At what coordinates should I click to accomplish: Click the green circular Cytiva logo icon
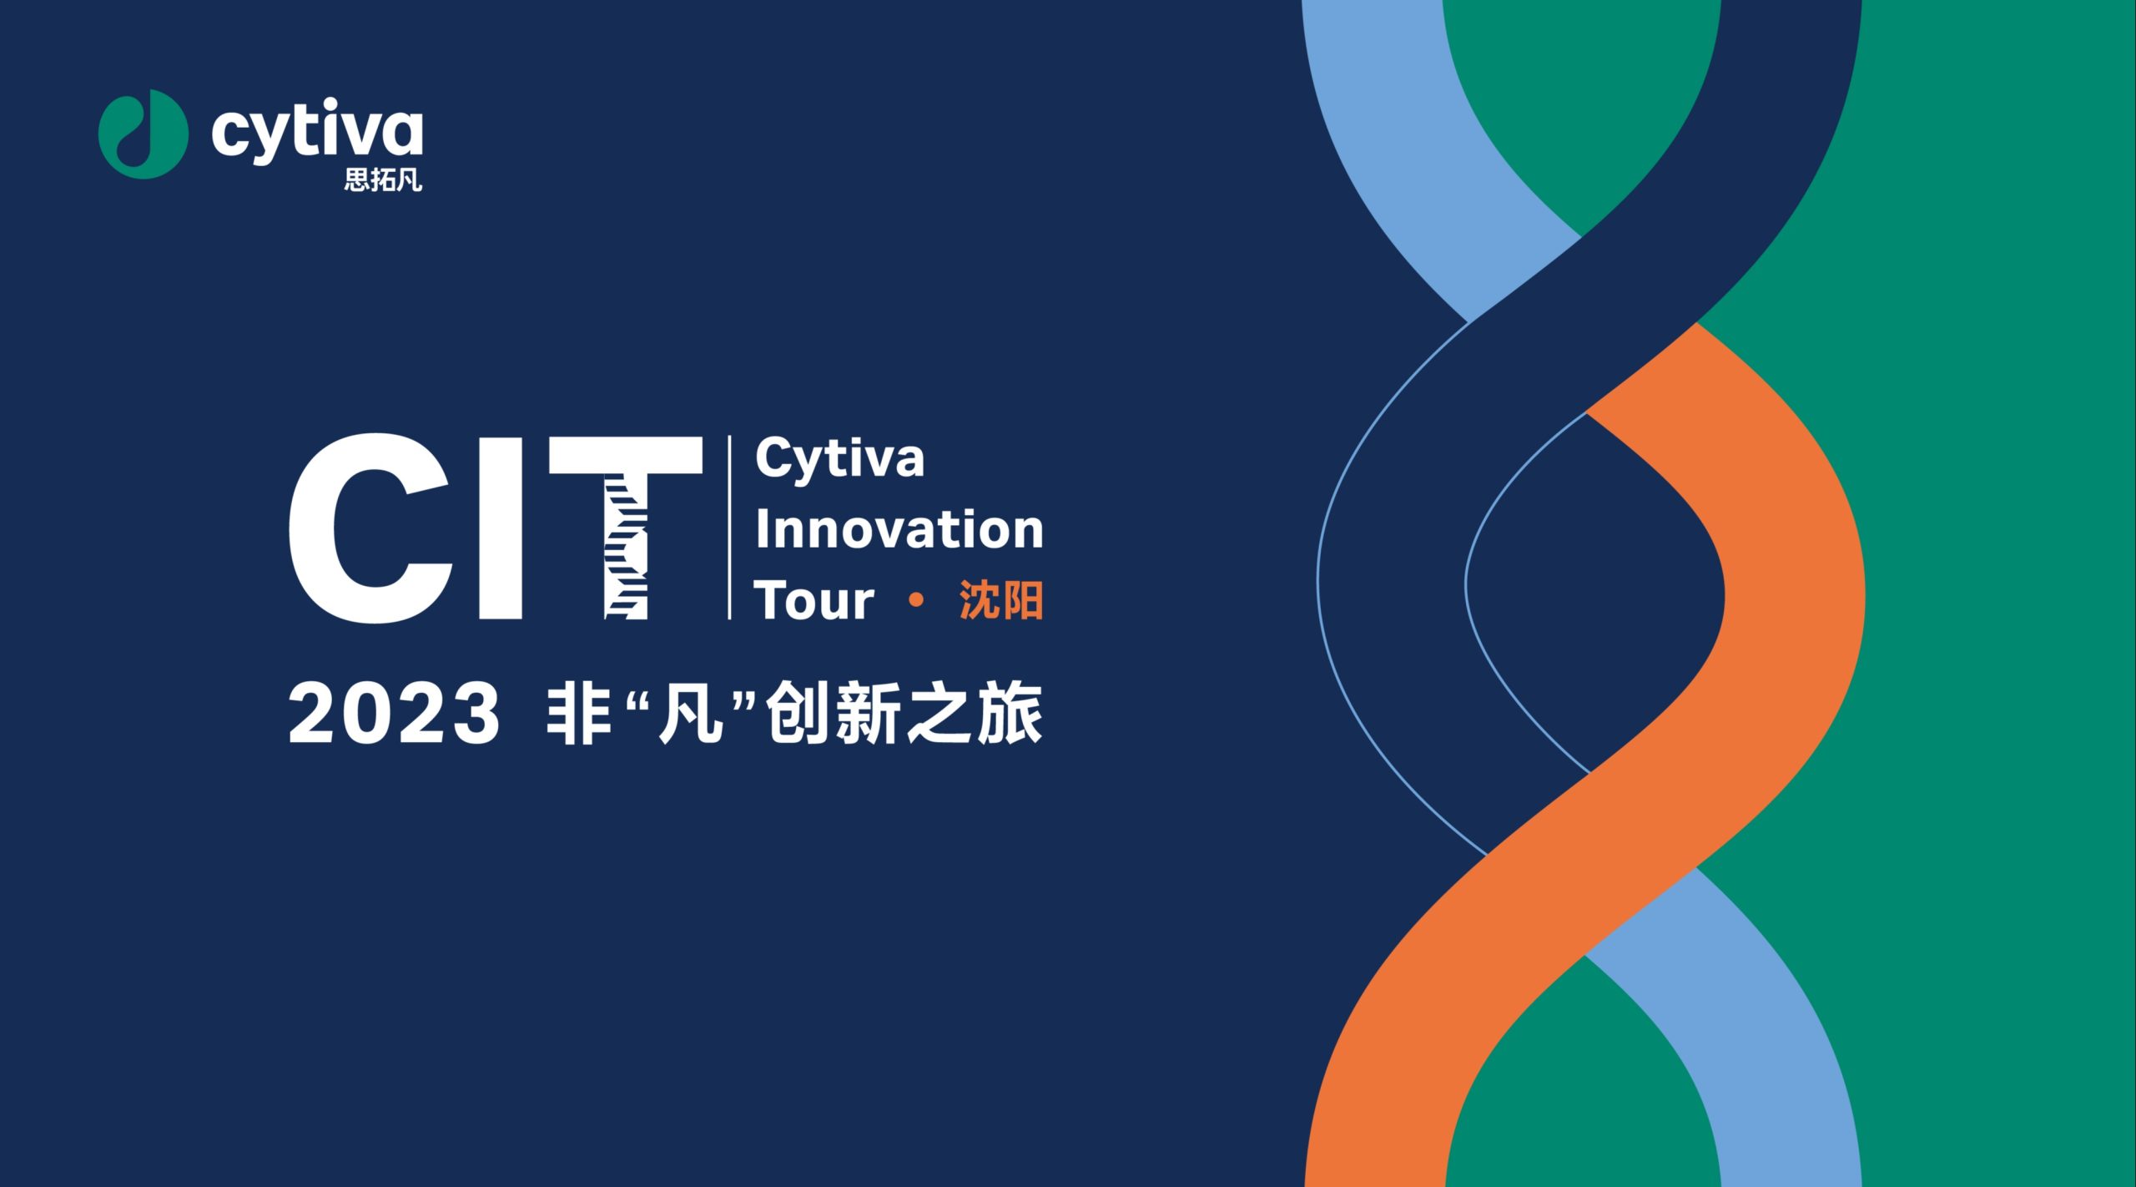pos(143,134)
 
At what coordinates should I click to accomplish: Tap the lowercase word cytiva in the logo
pos(317,129)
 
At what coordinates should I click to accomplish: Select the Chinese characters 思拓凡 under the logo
pos(383,180)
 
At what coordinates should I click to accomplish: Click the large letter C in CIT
pos(370,528)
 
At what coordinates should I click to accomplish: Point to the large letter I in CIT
pos(501,528)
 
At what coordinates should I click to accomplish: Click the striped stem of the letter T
pos(626,547)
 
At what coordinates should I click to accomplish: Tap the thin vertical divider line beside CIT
pos(730,528)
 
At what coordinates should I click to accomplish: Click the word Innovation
pos(899,529)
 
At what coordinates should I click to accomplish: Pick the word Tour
pos(814,600)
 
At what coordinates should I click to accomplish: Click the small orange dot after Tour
pos(916,599)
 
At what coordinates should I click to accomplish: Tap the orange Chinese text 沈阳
pos(1001,600)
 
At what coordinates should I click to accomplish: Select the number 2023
pos(394,713)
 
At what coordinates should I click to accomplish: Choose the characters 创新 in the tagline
pos(834,713)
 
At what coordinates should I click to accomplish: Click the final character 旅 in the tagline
pos(1010,713)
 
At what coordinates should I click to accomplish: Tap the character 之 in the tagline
pos(940,713)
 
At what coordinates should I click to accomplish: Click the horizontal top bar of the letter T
pos(626,455)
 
